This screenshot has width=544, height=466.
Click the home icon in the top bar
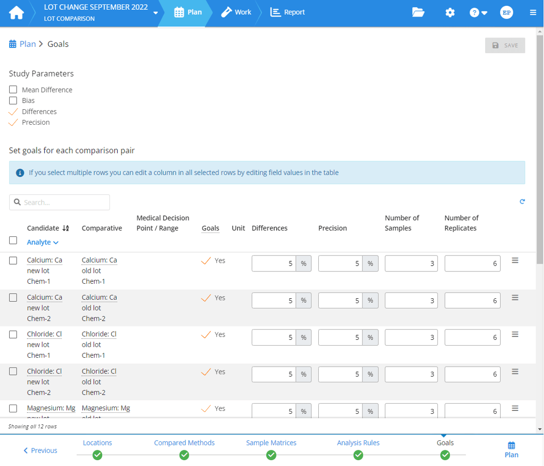click(16, 13)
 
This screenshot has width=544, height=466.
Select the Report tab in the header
click(288, 12)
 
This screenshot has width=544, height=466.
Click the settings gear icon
click(450, 13)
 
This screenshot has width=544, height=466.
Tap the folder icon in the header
click(418, 13)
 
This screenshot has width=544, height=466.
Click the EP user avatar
click(507, 13)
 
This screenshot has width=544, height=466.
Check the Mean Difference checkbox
click(13, 90)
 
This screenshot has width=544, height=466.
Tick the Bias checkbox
click(13, 100)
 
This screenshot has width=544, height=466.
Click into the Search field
click(59, 202)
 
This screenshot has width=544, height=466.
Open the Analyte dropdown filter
click(42, 242)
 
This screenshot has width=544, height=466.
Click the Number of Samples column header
click(402, 223)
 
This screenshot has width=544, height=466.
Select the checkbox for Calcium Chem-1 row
click(13, 261)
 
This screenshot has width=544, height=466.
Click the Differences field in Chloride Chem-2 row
click(274, 374)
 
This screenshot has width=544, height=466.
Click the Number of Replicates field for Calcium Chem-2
click(472, 300)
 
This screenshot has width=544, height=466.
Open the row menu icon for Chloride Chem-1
click(515, 334)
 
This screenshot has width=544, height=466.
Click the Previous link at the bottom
click(40, 450)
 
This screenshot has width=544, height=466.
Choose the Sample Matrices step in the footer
click(271, 443)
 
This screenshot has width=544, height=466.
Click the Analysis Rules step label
click(358, 443)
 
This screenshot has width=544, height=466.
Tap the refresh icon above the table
click(522, 201)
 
